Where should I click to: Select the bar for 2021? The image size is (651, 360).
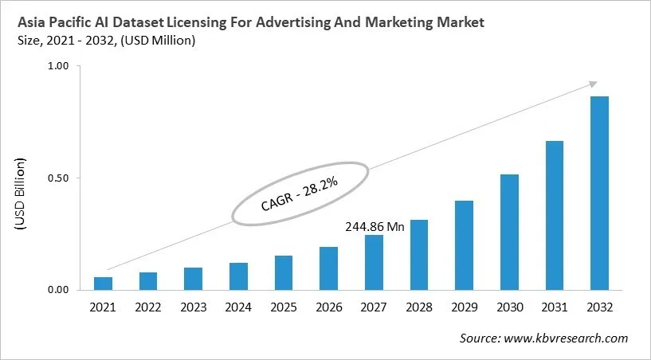pyautogui.click(x=103, y=283)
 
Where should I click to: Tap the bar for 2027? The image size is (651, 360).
pyautogui.click(x=374, y=262)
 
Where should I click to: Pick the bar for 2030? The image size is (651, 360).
pyautogui.click(x=509, y=232)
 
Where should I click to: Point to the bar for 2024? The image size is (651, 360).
pyautogui.click(x=238, y=276)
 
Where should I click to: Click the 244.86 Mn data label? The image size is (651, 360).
pyautogui.click(x=375, y=226)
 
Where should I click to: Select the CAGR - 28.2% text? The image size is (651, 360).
pyautogui.click(x=300, y=194)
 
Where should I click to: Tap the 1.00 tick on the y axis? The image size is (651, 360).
pyautogui.click(x=59, y=66)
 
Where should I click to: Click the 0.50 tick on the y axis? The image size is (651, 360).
pyautogui.click(x=59, y=178)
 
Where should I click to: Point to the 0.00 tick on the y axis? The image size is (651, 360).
pyautogui.click(x=59, y=290)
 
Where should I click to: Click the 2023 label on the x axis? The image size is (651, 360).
pyautogui.click(x=193, y=307)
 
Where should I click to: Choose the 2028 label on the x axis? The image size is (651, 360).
pyautogui.click(x=419, y=307)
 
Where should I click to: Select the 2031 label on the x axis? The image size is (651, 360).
pyautogui.click(x=555, y=307)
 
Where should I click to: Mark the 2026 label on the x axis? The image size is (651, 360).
pyautogui.click(x=328, y=307)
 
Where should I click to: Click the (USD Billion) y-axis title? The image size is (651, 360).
pyautogui.click(x=21, y=195)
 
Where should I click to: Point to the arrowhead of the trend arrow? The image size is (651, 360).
pyautogui.click(x=593, y=83)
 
